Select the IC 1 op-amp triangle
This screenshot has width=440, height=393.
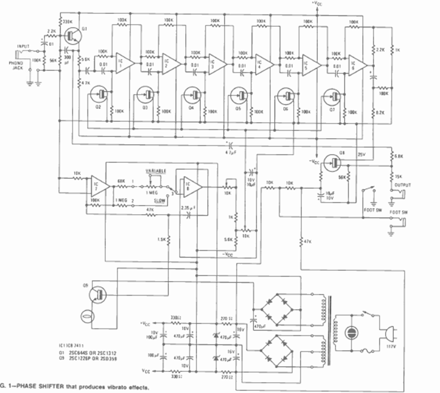point(125,63)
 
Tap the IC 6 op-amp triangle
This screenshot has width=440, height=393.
point(357,65)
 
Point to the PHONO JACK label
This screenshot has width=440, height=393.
point(15,66)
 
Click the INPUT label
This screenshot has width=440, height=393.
point(23,46)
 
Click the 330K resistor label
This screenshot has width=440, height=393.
point(67,21)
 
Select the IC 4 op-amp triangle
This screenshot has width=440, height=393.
point(264,64)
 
